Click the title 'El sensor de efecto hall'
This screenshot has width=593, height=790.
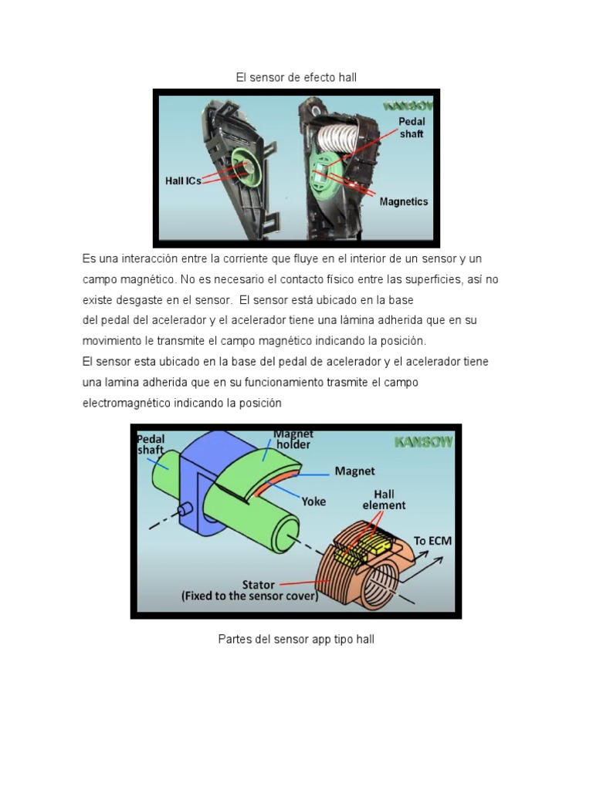296,77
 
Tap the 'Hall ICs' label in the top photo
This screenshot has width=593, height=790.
183,181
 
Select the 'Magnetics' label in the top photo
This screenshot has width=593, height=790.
403,202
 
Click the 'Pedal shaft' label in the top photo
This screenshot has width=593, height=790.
412,127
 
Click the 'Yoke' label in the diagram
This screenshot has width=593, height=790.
313,501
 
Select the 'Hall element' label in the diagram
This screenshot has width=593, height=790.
384,499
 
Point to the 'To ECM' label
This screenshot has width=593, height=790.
432,541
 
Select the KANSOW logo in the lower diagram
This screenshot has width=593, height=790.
423,442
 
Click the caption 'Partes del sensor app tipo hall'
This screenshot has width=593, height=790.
296,640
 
